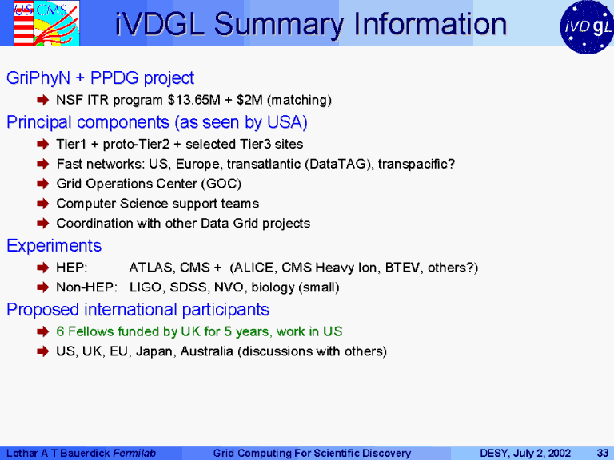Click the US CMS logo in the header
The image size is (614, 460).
tap(46, 22)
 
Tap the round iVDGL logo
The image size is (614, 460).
tap(587, 26)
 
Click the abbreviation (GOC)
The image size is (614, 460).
tap(221, 184)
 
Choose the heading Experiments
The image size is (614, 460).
tap(54, 246)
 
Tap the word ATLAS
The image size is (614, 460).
tap(152, 268)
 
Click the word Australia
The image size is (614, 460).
tap(207, 351)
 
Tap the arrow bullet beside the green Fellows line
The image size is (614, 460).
tap(42, 331)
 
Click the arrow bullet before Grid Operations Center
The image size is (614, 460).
tap(42, 184)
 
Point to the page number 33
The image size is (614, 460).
tap(602, 454)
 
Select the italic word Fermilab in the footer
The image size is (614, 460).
tap(134, 454)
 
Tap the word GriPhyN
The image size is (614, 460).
tap(38, 78)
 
